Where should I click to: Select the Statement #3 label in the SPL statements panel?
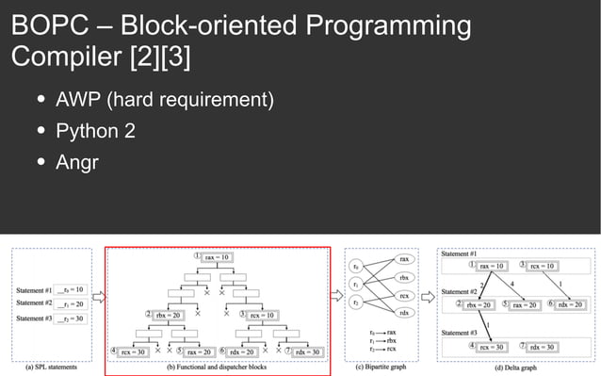(x=35, y=319)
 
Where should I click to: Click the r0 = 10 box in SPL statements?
(x=70, y=289)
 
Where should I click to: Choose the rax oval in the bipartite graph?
(x=403, y=258)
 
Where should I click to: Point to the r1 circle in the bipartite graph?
(x=354, y=284)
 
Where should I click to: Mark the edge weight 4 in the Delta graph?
(x=512, y=282)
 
